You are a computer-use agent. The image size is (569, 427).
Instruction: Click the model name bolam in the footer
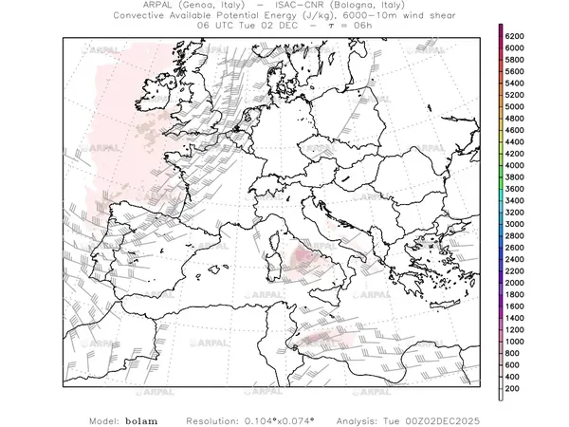point(141,418)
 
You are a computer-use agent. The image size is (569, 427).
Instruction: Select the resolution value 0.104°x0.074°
point(285,418)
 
